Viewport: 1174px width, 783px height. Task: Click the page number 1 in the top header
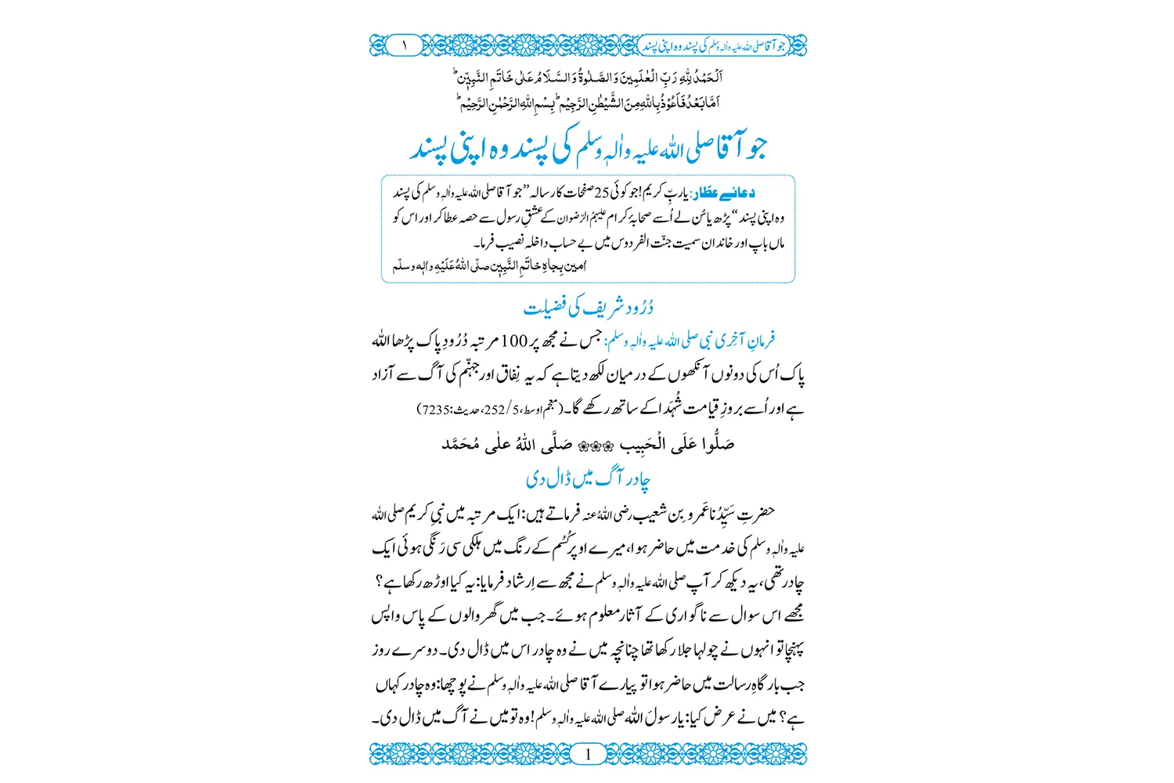tap(404, 45)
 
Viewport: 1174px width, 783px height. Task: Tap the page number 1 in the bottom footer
tap(588, 754)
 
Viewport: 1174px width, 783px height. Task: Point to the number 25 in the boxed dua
tap(605, 193)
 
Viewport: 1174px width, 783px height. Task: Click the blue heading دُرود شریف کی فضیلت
tap(589, 308)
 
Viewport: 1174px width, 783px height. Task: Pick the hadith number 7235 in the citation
tap(433, 409)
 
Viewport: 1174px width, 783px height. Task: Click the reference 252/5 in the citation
tap(494, 409)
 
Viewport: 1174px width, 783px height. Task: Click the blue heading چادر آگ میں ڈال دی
tap(589, 478)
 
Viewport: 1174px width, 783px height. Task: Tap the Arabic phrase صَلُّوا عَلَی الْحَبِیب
tap(676, 445)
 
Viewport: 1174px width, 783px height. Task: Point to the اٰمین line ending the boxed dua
tap(489, 266)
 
